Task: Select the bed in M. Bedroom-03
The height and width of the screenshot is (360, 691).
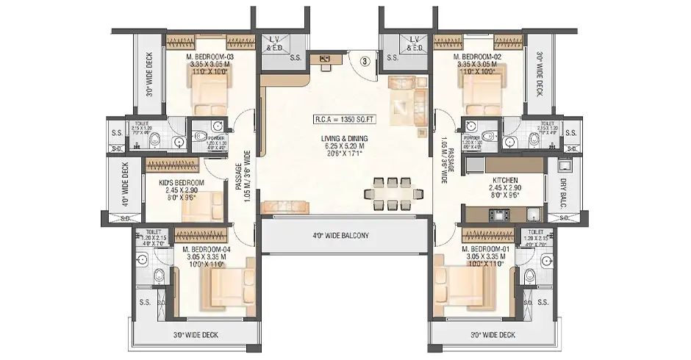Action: [x=212, y=93]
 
